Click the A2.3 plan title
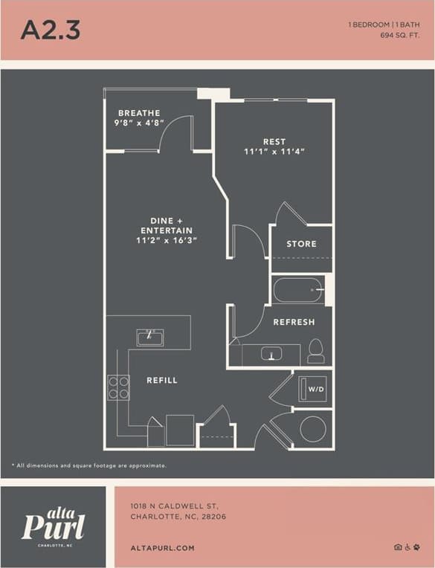coord(50,30)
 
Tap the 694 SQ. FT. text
coord(399,35)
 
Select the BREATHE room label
coord(138,113)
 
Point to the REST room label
coord(274,141)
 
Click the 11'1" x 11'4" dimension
coord(274,152)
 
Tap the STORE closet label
coord(301,244)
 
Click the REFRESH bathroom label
coord(294,322)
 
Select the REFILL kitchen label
coord(162,381)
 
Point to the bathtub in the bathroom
coord(298,289)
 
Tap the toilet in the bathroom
coord(316,351)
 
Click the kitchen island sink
coord(149,337)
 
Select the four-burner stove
coord(118,387)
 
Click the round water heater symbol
coord(312,429)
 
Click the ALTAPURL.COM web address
coord(162,548)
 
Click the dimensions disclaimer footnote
coord(89,465)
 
